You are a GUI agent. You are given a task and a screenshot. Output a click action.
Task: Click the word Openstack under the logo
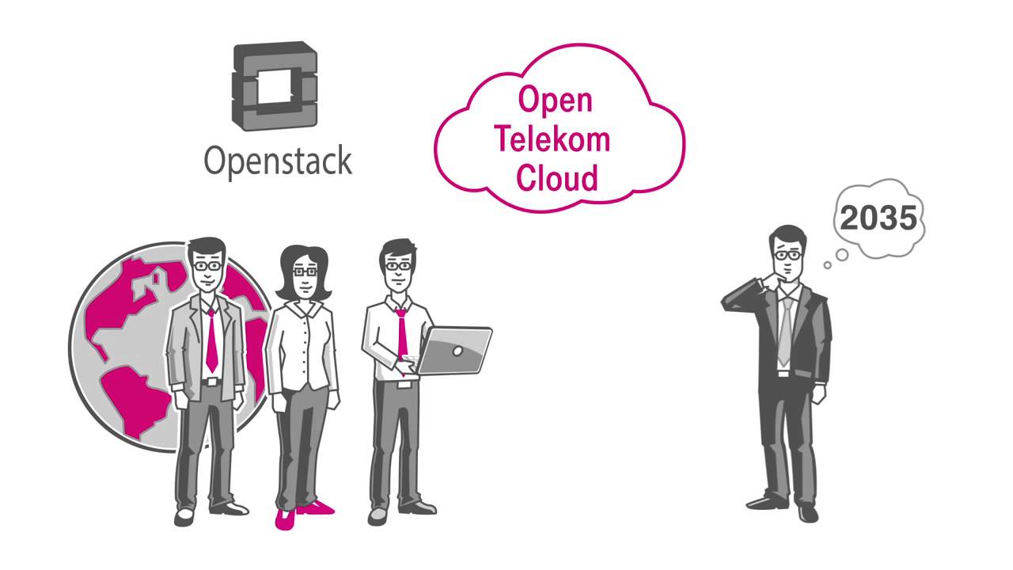click(278, 161)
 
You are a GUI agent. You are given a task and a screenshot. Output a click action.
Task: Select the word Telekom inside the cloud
click(552, 139)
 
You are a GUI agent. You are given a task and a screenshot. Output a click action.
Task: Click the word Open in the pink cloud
click(555, 100)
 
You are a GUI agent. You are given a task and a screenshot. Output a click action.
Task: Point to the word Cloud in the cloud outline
click(556, 178)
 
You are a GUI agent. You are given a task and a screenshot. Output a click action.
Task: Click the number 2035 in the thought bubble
click(878, 218)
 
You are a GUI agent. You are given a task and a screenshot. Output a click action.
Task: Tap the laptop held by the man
click(454, 350)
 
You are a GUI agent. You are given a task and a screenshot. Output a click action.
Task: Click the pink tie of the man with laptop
click(402, 332)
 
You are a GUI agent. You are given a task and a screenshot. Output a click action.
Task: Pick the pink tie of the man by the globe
click(211, 342)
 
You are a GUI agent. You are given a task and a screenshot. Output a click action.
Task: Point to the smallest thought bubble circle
click(828, 265)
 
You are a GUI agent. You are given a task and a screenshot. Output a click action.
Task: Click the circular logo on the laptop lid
click(457, 350)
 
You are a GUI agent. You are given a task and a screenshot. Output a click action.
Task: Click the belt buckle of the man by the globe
click(211, 382)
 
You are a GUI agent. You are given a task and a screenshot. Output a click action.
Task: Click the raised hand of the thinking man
click(766, 283)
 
